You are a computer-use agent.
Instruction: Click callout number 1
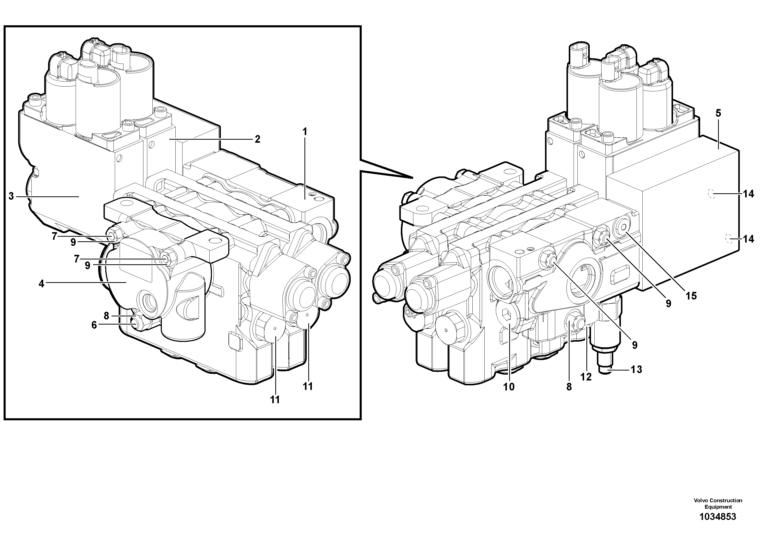point(305,132)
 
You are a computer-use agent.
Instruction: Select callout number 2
point(257,139)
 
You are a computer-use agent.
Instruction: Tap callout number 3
point(11,196)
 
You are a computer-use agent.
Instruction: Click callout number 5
point(718,113)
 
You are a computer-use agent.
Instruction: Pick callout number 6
point(94,325)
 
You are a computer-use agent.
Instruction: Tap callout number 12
point(586,377)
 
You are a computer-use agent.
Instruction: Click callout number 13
point(636,369)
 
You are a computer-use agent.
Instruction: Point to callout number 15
point(691,296)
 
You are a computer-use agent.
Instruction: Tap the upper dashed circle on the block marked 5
point(710,193)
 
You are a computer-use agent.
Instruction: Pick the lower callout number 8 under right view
point(569,387)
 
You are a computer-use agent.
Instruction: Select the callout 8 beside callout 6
point(106,316)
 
